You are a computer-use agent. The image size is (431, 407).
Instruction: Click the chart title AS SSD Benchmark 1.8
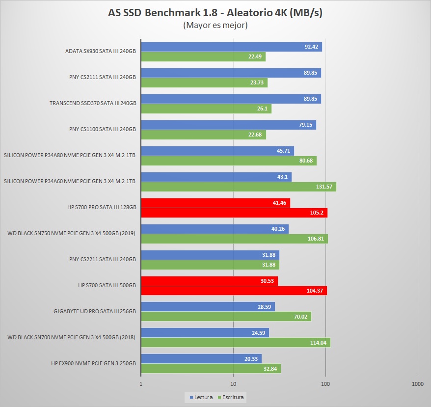(x=215, y=13)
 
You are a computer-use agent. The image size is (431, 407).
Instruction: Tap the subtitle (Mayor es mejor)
(x=215, y=25)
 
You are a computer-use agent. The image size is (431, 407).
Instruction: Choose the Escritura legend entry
(x=232, y=397)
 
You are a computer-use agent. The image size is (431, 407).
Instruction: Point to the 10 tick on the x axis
(x=233, y=384)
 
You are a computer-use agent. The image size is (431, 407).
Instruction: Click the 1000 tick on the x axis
(x=417, y=384)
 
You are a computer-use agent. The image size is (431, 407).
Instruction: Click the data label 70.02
(x=300, y=317)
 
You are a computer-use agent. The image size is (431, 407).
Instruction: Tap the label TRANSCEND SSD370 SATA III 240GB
(x=93, y=104)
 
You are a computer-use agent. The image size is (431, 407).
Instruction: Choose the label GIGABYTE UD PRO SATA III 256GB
(x=95, y=311)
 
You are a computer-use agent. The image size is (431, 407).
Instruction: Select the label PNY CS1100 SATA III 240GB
(x=102, y=130)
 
